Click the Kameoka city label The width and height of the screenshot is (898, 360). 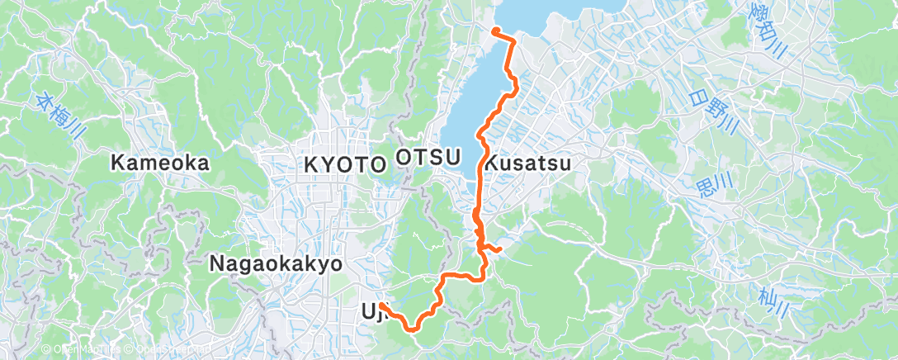coord(161,163)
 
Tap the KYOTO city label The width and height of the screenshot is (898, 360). coord(345,163)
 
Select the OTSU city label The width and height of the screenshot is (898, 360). coord(426,157)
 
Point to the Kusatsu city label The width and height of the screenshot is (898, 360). coord(527,163)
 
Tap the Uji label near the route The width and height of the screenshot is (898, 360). coord(374,311)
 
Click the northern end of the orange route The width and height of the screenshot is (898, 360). coord(495,31)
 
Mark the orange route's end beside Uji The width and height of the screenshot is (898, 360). coord(383,306)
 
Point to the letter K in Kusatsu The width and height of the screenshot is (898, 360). coord(489,163)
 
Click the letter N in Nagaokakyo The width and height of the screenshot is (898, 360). coord(216,263)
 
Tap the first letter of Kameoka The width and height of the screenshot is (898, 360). coord(116,163)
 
